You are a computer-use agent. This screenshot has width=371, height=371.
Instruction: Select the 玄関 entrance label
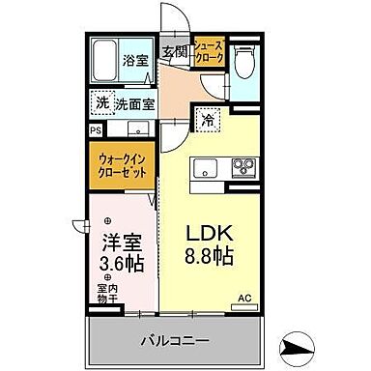[x=174, y=50]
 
